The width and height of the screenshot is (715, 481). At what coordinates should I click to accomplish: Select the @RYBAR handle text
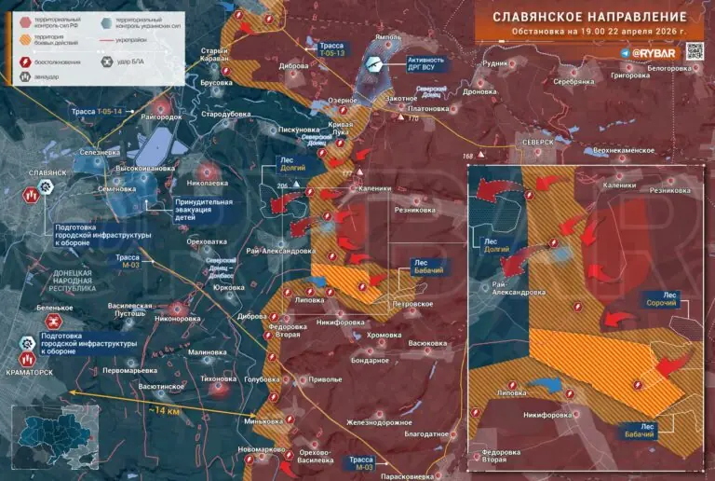pos(654,54)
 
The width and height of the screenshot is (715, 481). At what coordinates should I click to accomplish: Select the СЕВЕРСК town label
pos(536,142)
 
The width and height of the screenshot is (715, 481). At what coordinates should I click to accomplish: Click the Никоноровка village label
pos(178,318)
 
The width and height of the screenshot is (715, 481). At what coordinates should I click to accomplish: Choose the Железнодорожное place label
pos(380,422)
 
